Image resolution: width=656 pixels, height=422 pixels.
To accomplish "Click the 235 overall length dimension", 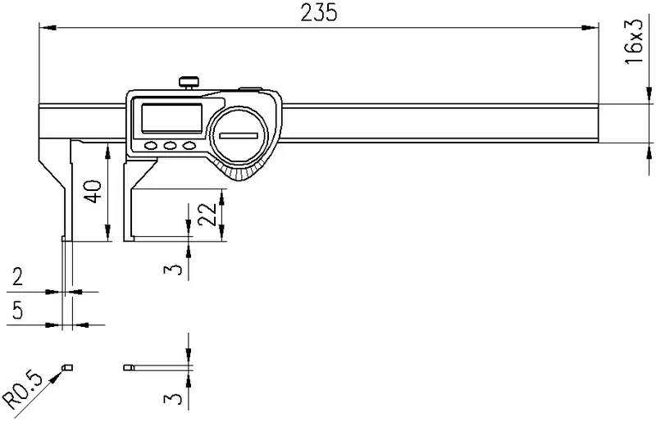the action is coord(319,12).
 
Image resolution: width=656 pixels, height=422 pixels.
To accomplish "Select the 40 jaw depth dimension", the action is coord(93,192).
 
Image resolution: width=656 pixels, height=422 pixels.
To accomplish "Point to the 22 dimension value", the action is coord(207,214).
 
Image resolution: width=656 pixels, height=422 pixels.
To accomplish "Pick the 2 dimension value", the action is coord(17,277).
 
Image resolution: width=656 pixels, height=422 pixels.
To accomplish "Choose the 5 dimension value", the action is coord(17,310).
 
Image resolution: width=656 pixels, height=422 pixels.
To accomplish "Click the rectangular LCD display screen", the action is coord(172,118).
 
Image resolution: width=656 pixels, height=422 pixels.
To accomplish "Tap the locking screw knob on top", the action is coord(189,82).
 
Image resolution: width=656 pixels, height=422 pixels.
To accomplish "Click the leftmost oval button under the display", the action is coord(150,146).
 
